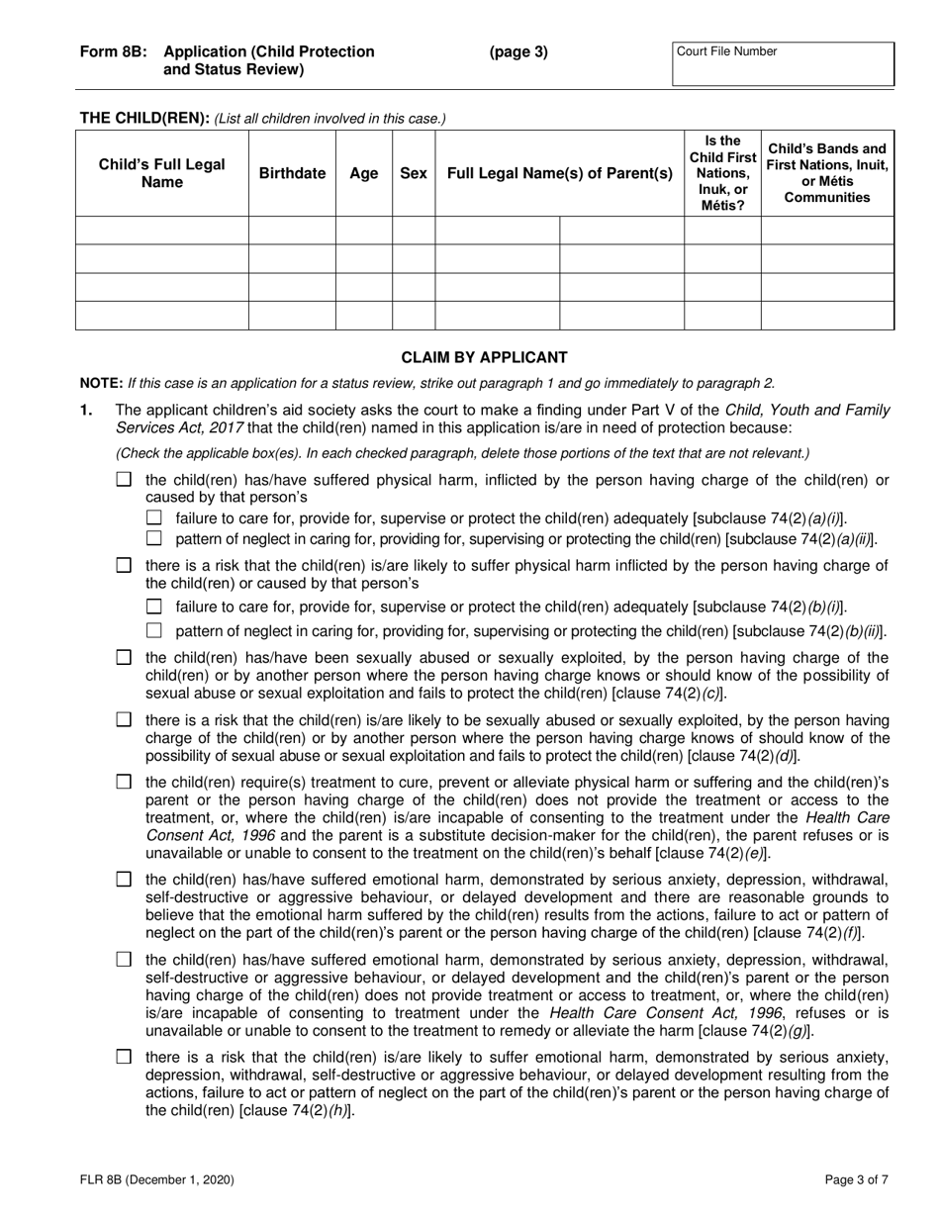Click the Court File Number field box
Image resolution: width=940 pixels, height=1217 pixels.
(783, 64)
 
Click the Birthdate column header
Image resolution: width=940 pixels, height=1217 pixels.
(292, 173)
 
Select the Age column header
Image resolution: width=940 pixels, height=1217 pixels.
(364, 173)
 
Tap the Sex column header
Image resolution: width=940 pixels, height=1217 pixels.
(414, 173)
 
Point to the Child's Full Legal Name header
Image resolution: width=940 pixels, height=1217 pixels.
(162, 173)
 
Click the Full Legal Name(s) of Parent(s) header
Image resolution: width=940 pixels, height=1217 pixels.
(560, 173)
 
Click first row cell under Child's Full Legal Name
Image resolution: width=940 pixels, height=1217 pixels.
(162, 231)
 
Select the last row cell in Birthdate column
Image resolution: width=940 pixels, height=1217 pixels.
(292, 316)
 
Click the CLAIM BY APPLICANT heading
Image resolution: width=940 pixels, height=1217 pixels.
(484, 357)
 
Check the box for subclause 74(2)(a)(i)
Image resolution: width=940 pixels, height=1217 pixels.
(153, 518)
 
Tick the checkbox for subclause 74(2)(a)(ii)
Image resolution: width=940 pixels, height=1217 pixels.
(153, 539)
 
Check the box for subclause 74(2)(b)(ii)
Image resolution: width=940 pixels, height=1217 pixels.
(153, 631)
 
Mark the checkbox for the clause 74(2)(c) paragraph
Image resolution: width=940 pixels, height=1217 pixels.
(124, 658)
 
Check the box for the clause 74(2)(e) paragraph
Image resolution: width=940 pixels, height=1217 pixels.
(124, 783)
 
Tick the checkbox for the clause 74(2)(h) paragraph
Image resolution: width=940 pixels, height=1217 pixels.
(124, 1057)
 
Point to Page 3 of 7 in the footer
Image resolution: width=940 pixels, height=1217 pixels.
(858, 1178)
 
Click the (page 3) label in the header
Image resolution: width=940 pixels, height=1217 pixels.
(517, 52)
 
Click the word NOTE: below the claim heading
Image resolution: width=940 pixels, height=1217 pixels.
(101, 383)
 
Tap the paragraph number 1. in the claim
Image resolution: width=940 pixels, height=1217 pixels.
(86, 410)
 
